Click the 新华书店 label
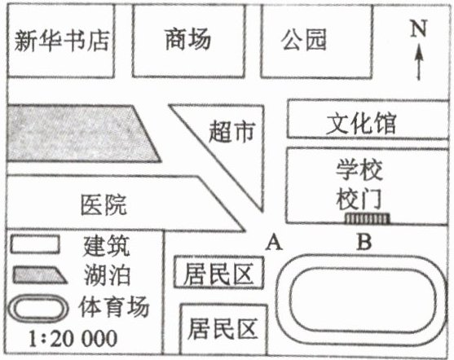(x=62, y=41)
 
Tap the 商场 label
(x=188, y=39)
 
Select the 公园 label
(x=304, y=39)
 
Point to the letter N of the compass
(x=419, y=28)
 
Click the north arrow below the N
(x=418, y=62)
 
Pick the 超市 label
(x=232, y=132)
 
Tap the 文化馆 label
(x=361, y=124)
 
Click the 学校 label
(x=359, y=170)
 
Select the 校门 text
(x=359, y=199)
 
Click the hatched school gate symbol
(x=367, y=218)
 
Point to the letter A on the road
(x=274, y=243)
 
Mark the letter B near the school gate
(x=364, y=242)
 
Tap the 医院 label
(x=104, y=204)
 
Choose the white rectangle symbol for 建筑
(x=35, y=244)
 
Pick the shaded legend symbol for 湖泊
(x=40, y=275)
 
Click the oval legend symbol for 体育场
(x=38, y=309)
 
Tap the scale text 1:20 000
(x=73, y=339)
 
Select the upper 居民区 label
(x=218, y=274)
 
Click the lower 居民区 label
(x=223, y=328)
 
